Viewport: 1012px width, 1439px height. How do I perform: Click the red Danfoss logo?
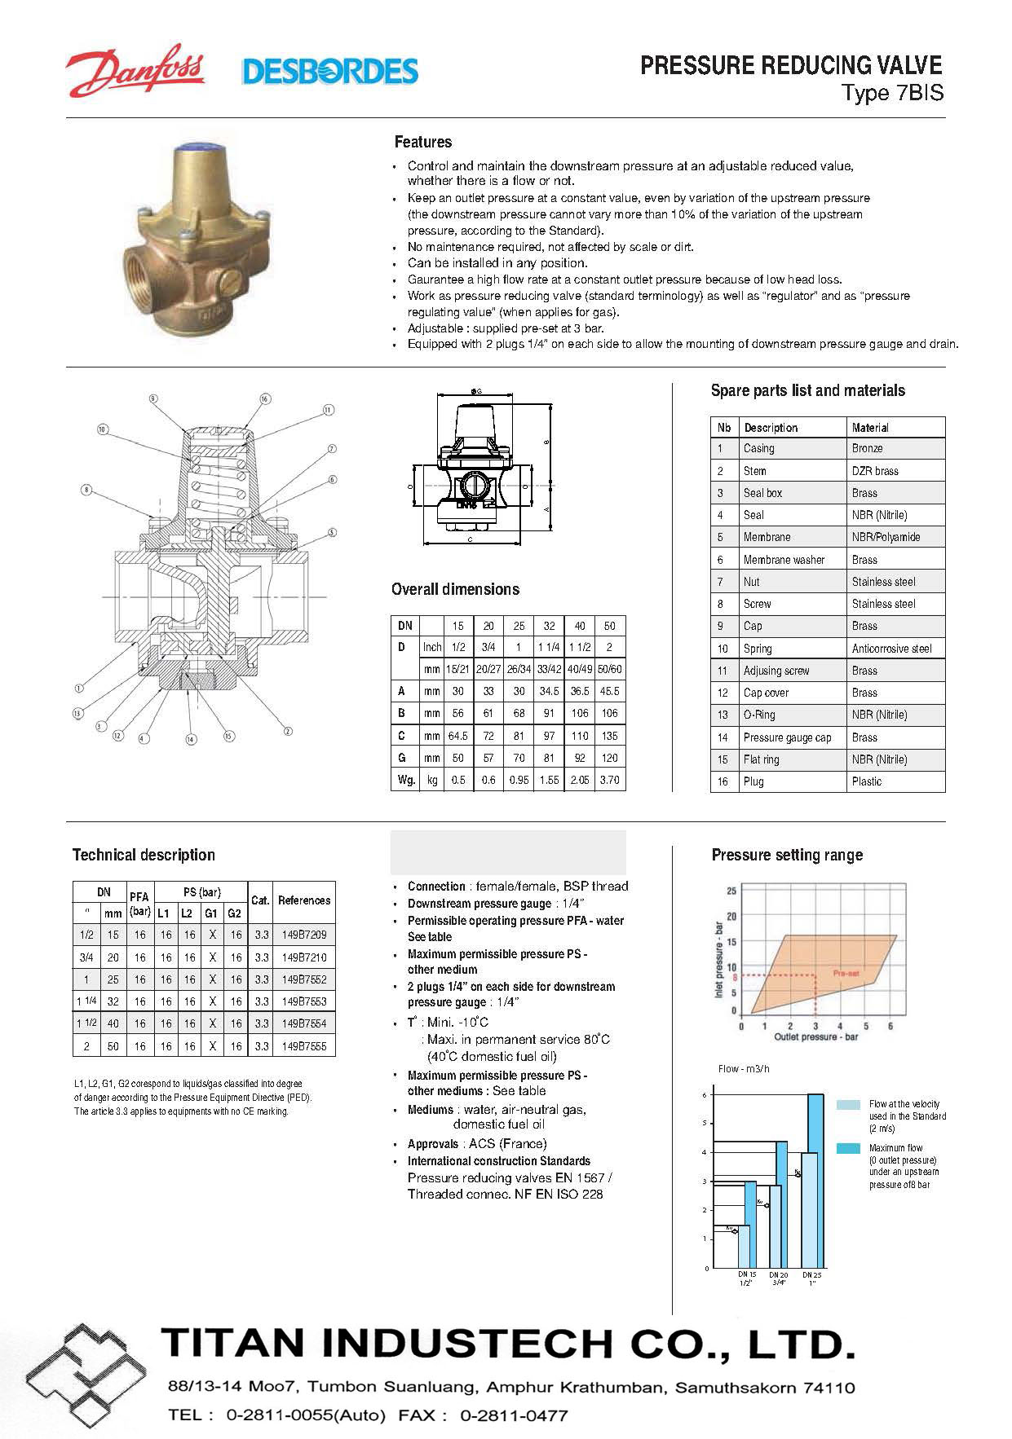click(x=135, y=71)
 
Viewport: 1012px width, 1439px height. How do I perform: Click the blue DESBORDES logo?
click(x=329, y=72)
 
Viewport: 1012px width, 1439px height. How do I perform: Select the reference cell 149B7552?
click(x=304, y=979)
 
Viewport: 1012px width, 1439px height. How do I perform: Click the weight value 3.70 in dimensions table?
click(x=609, y=780)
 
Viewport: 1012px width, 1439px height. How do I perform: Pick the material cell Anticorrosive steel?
click(x=891, y=649)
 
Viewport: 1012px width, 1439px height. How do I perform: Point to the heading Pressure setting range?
click(x=787, y=855)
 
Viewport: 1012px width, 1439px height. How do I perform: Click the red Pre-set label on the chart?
click(x=846, y=973)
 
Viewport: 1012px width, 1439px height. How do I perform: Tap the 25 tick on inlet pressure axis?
click(x=731, y=891)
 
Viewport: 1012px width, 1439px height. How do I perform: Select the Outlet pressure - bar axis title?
click(x=816, y=1037)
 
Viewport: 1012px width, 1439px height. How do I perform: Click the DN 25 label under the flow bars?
click(x=811, y=1274)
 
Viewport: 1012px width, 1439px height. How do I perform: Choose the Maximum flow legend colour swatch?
click(x=848, y=1148)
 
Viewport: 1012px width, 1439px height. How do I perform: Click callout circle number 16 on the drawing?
click(x=265, y=398)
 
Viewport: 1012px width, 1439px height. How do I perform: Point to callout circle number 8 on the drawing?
click(x=86, y=490)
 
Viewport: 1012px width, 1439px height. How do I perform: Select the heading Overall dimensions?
click(x=455, y=589)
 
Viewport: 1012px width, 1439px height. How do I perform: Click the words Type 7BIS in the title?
click(x=893, y=93)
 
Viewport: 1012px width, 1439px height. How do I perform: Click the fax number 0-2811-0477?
click(x=514, y=1415)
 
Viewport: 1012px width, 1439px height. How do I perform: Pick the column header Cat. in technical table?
click(x=260, y=900)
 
